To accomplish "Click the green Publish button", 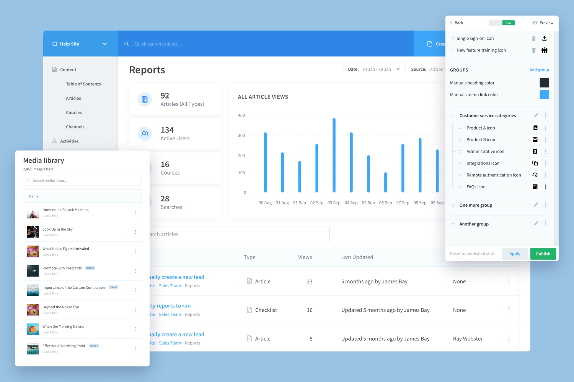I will click(543, 254).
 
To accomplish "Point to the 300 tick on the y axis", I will click(241, 136).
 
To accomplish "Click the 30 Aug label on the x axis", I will click(265, 203).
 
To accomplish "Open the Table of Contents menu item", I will click(83, 84).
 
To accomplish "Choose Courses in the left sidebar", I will click(74, 113).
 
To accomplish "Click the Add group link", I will click(539, 70).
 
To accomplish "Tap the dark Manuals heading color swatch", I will click(544, 83).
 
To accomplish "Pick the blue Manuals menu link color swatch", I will click(544, 94).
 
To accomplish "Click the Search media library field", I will click(82, 181).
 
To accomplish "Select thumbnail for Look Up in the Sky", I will click(33, 232).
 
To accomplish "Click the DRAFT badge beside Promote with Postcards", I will click(90, 268).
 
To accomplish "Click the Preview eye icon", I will click(535, 23).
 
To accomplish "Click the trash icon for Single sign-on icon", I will click(534, 39).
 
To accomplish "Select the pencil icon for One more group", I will click(536, 205).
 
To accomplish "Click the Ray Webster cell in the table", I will click(468, 339).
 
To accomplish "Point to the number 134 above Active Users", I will click(167, 130).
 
